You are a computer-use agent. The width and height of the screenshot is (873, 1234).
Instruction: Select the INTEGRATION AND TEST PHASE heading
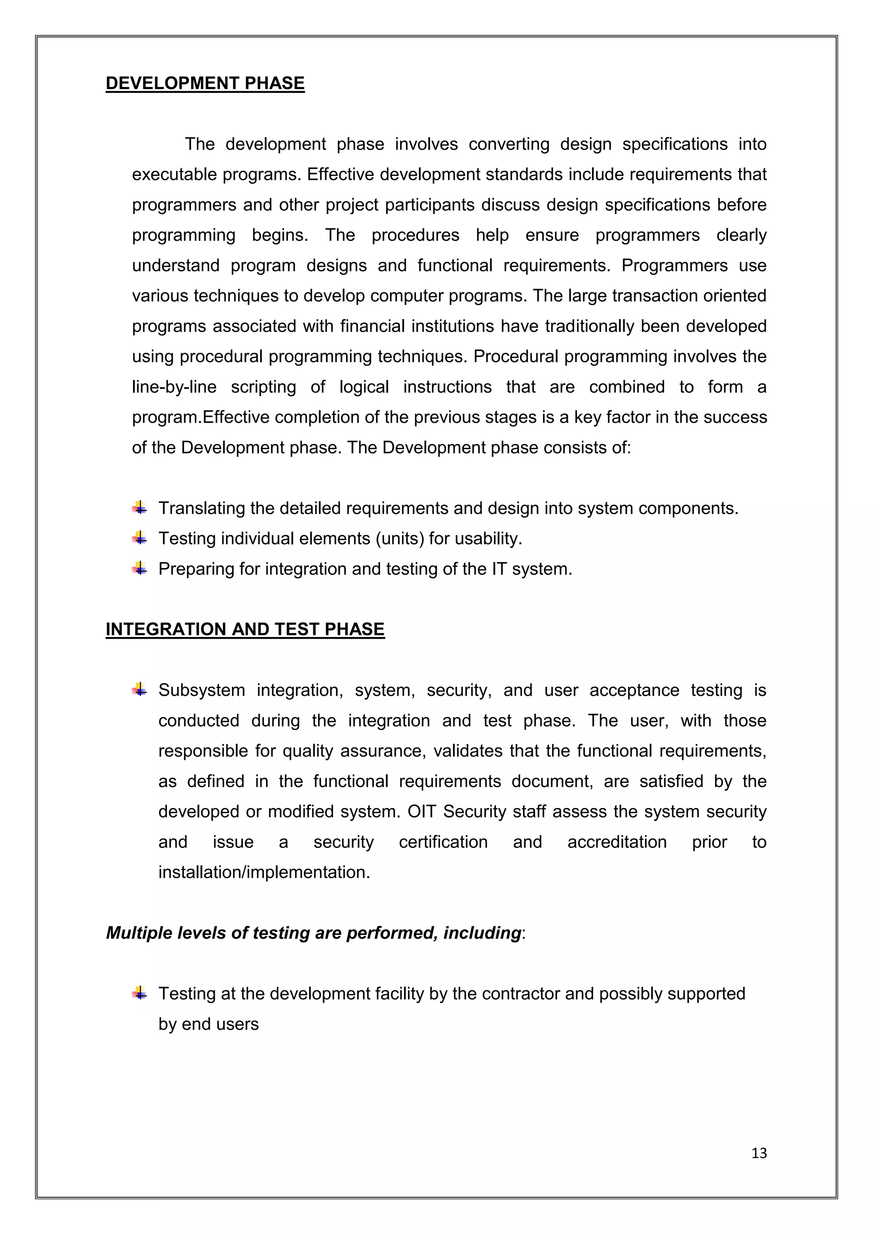(x=245, y=629)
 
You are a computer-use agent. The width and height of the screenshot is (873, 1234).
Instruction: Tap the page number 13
(x=759, y=1153)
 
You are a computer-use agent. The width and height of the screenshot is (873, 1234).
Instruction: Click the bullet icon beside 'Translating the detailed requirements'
(x=140, y=507)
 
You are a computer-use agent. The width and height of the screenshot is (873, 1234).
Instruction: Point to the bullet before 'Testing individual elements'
(x=140, y=537)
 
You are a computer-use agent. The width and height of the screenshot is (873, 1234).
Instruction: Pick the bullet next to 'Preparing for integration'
(x=140, y=568)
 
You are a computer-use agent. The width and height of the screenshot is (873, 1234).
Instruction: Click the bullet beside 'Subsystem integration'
(x=140, y=689)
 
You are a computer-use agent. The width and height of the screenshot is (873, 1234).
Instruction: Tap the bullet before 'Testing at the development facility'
(x=140, y=993)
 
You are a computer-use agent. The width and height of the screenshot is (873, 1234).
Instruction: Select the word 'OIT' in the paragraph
(x=422, y=812)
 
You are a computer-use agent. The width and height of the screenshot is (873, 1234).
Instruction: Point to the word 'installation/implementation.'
(x=264, y=872)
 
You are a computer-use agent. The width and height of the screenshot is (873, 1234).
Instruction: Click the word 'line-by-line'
(x=174, y=387)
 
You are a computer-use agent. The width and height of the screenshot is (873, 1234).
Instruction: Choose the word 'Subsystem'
(x=202, y=690)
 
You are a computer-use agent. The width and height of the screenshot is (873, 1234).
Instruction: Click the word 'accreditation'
(x=616, y=842)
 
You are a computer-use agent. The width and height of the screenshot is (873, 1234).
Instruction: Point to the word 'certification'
(x=443, y=842)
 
